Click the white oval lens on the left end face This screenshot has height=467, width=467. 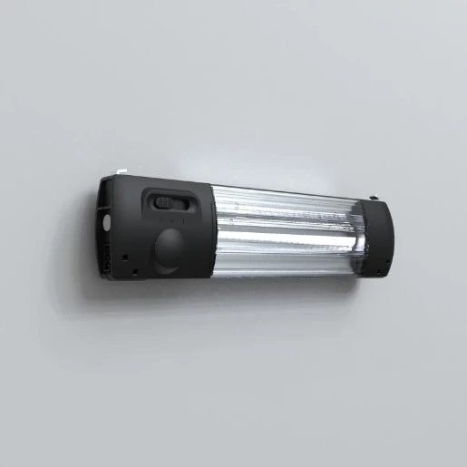[x=107, y=220]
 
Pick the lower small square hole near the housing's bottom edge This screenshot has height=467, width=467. [x=135, y=271]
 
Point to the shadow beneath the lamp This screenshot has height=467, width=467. [x=254, y=299]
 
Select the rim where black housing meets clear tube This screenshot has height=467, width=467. [x=213, y=234]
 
